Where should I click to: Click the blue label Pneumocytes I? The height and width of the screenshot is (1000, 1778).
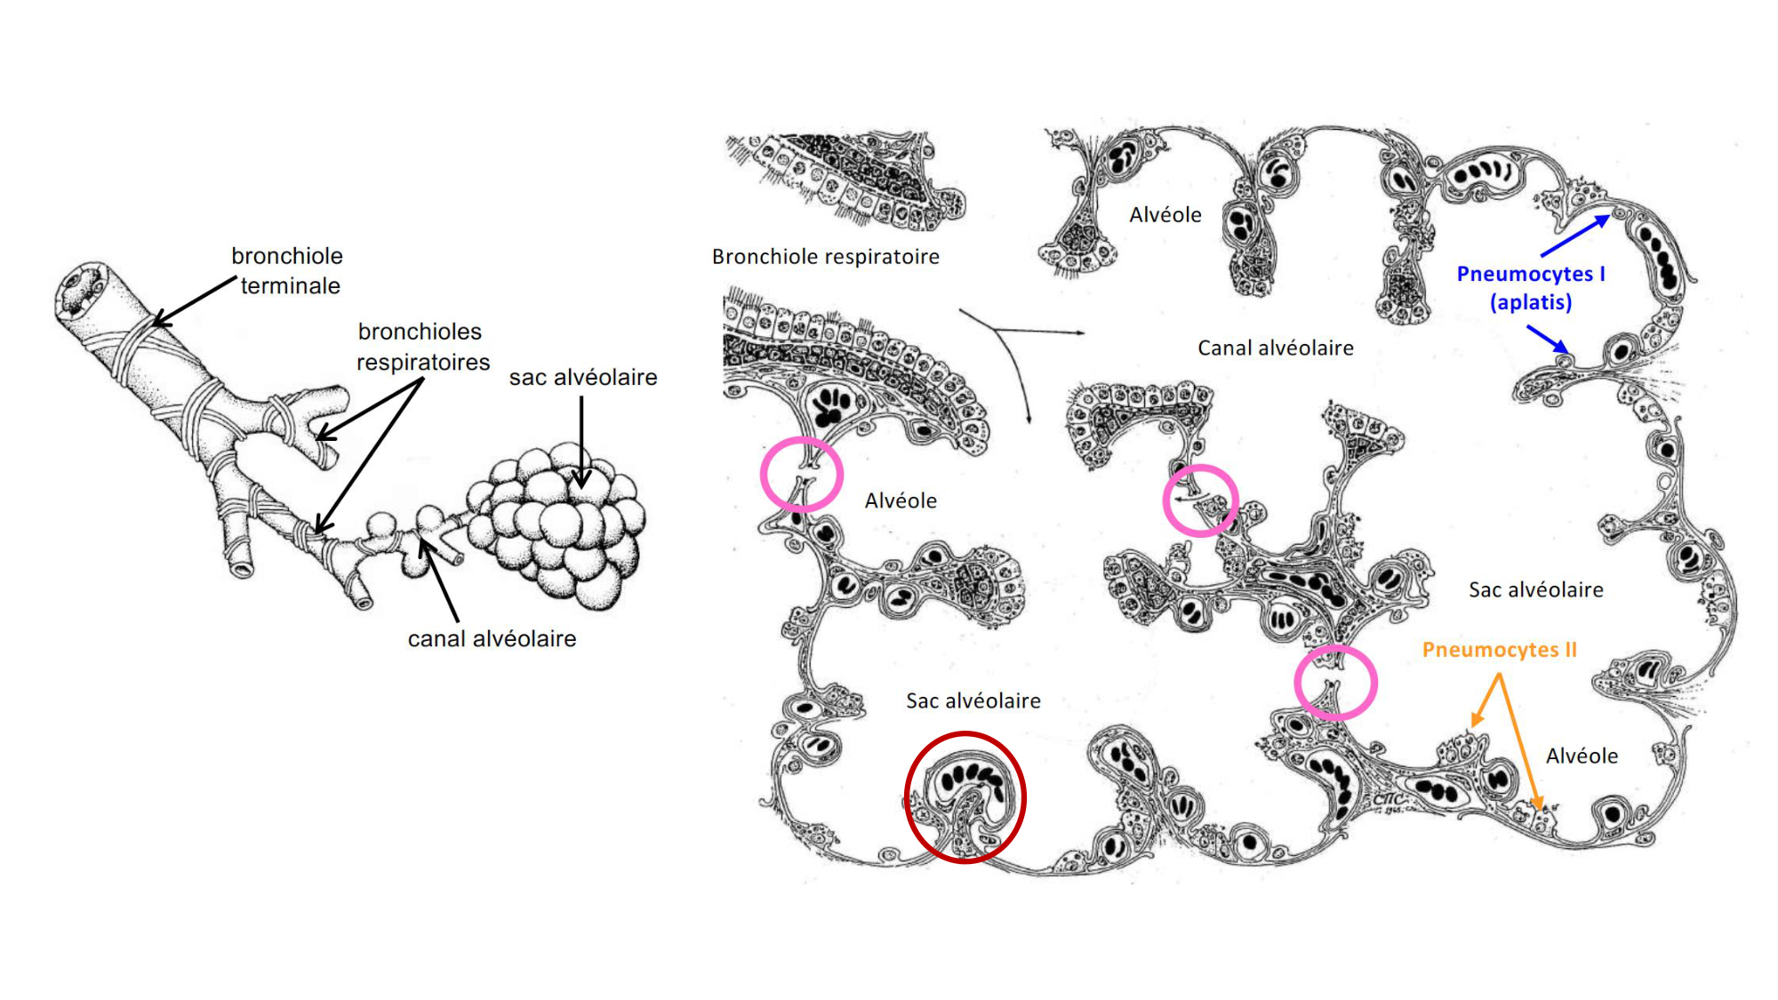(x=1531, y=274)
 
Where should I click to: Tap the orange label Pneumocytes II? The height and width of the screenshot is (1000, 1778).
(x=1500, y=650)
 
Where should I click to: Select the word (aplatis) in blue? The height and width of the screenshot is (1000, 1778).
(x=1531, y=302)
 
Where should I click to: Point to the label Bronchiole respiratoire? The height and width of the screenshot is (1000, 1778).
(x=826, y=257)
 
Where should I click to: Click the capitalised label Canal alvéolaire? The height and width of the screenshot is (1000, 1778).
(x=1276, y=348)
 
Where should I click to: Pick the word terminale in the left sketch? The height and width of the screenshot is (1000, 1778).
(x=291, y=286)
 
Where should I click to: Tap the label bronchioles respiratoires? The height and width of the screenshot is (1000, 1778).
(x=422, y=347)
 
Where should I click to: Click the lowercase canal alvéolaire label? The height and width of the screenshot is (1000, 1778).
(x=492, y=638)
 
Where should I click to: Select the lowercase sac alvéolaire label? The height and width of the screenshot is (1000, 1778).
(x=583, y=377)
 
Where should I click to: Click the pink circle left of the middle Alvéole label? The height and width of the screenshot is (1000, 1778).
(x=763, y=474)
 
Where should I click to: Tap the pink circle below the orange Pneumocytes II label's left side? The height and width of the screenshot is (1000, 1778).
(x=1296, y=683)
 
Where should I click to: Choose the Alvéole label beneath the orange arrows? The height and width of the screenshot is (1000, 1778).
(x=1582, y=756)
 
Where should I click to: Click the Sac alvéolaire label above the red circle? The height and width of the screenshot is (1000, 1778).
(x=973, y=700)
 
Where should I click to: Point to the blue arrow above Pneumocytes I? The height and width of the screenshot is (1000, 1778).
(x=1575, y=235)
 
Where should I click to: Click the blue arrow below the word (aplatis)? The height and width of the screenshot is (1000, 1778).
(x=1548, y=338)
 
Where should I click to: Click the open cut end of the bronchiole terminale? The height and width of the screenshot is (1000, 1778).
(x=81, y=289)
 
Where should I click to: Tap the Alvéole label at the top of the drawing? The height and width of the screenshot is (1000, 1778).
(x=1165, y=214)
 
